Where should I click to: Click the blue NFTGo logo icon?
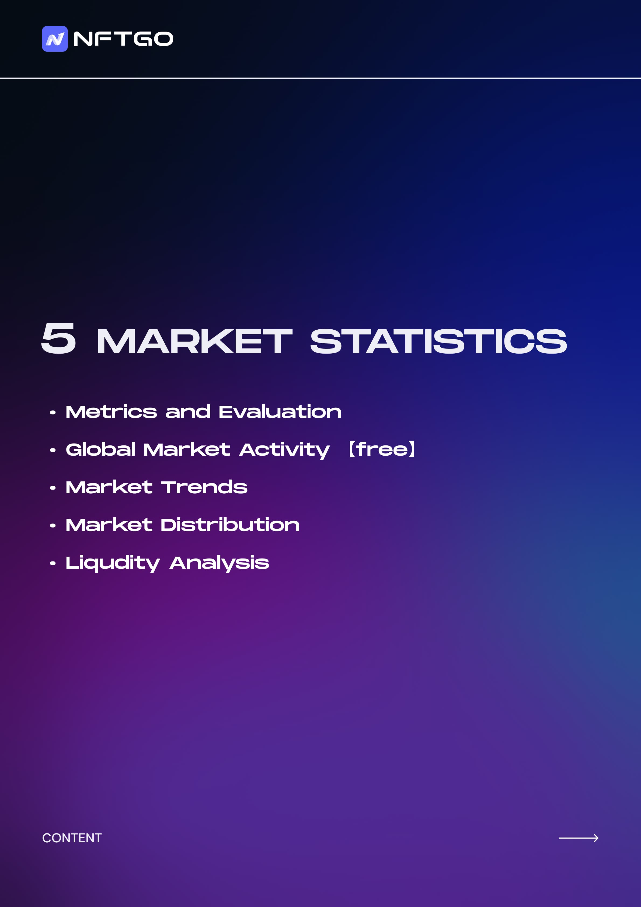tap(55, 39)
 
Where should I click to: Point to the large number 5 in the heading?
tap(58, 338)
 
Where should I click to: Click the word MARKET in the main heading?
tap(194, 341)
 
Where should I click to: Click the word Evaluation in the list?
tap(280, 412)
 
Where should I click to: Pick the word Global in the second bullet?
tap(101, 449)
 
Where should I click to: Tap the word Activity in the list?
tap(284, 450)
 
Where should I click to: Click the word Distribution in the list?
tap(230, 525)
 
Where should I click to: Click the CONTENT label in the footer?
tap(72, 838)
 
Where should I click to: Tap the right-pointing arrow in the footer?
tap(579, 838)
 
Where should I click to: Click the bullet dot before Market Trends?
tap(53, 488)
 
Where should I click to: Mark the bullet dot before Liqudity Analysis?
tap(53, 563)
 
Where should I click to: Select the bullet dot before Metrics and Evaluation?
tap(53, 413)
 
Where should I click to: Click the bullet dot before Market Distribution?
tap(53, 526)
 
